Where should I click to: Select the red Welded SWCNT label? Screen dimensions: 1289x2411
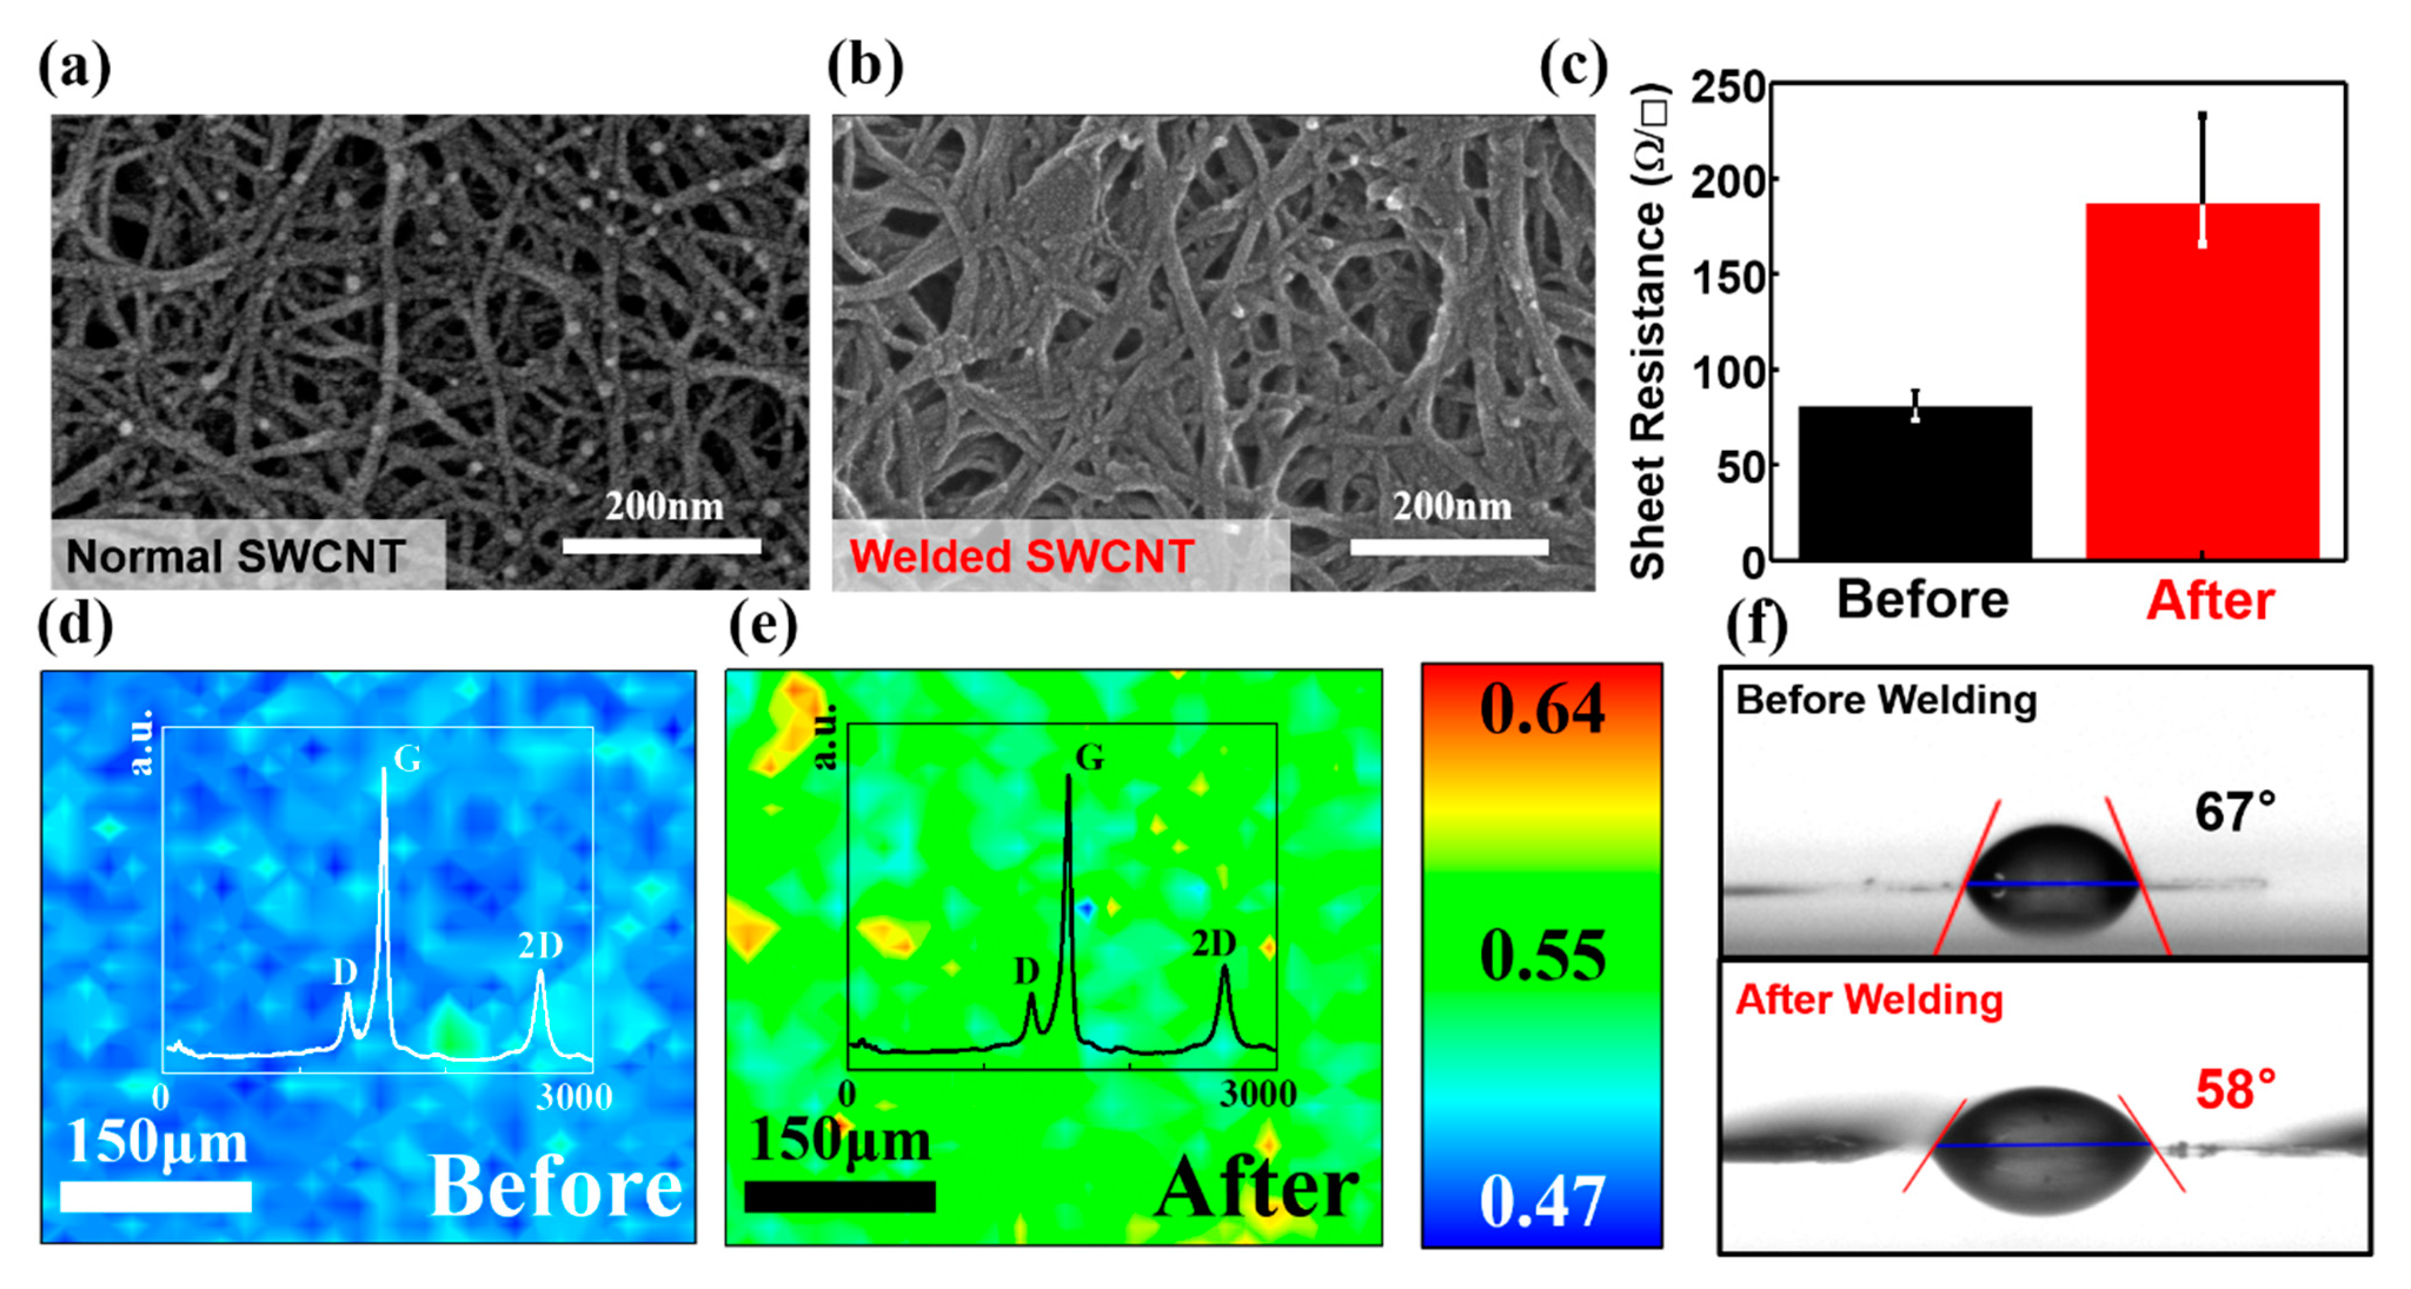1021,556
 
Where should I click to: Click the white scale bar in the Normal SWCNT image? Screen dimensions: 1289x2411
661,546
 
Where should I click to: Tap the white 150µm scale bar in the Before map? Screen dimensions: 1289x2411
155,1197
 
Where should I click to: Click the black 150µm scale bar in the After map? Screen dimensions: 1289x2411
839,1197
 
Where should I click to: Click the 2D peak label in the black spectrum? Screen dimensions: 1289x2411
1214,944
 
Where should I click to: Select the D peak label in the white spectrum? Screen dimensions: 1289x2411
344,974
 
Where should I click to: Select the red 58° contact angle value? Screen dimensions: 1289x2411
2235,1089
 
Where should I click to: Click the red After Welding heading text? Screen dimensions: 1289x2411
1869,1000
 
